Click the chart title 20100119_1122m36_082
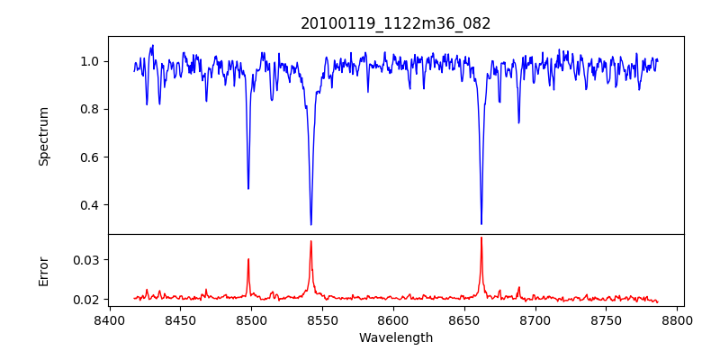pos(396,23)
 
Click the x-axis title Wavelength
pos(396,338)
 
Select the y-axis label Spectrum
pos(44,136)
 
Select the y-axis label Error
pos(44,271)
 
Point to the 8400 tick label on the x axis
pos(109,319)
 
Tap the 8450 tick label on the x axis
pos(180,319)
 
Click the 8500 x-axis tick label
pos(251,319)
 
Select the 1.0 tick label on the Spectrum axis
pos(91,61)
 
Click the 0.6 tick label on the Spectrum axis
pos(91,157)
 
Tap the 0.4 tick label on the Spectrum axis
pos(91,204)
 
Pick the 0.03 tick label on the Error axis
pos(87,260)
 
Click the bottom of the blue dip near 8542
pos(310,224)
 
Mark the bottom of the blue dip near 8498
pos(248,188)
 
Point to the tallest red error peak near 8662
pos(481,238)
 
